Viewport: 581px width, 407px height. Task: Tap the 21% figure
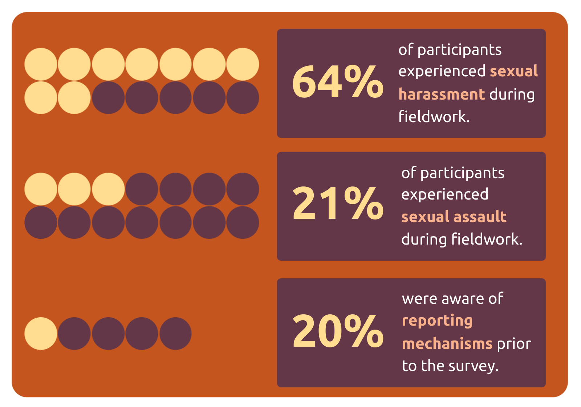337,204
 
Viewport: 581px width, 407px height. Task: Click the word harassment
442,94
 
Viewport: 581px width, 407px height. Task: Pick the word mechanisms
447,344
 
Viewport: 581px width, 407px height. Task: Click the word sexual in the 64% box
513,71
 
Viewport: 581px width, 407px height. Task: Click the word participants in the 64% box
459,50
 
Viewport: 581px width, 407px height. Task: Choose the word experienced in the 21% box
444,194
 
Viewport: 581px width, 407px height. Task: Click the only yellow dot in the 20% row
41,334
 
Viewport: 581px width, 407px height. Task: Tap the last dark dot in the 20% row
175,334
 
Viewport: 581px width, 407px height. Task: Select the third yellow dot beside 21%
108,189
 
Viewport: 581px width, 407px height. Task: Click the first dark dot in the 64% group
108,98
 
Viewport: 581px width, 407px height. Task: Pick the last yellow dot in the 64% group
74,98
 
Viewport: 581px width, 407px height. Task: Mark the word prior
514,344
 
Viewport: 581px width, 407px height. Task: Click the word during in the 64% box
512,94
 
